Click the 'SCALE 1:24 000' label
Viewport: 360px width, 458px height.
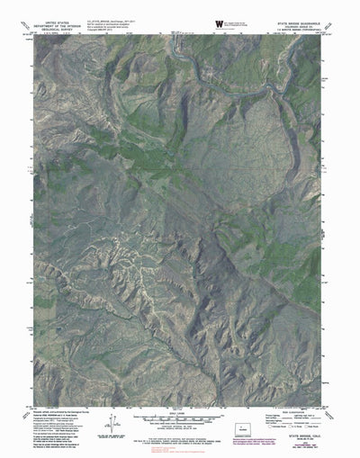[180, 413]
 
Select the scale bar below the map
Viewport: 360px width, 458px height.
[180, 419]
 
